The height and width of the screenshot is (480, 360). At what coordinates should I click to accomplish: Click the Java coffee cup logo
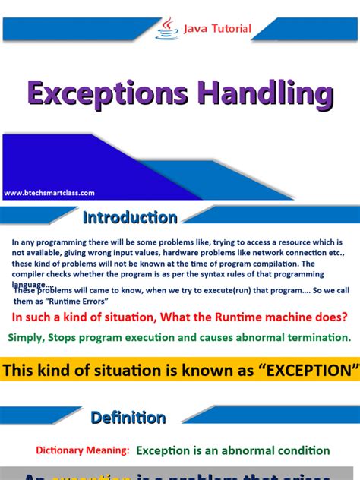(x=167, y=27)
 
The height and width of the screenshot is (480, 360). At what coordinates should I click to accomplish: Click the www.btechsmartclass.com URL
(x=49, y=193)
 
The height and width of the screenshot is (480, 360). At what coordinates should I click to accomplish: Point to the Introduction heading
(x=130, y=218)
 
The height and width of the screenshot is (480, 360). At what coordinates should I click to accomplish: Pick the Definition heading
(x=128, y=417)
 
